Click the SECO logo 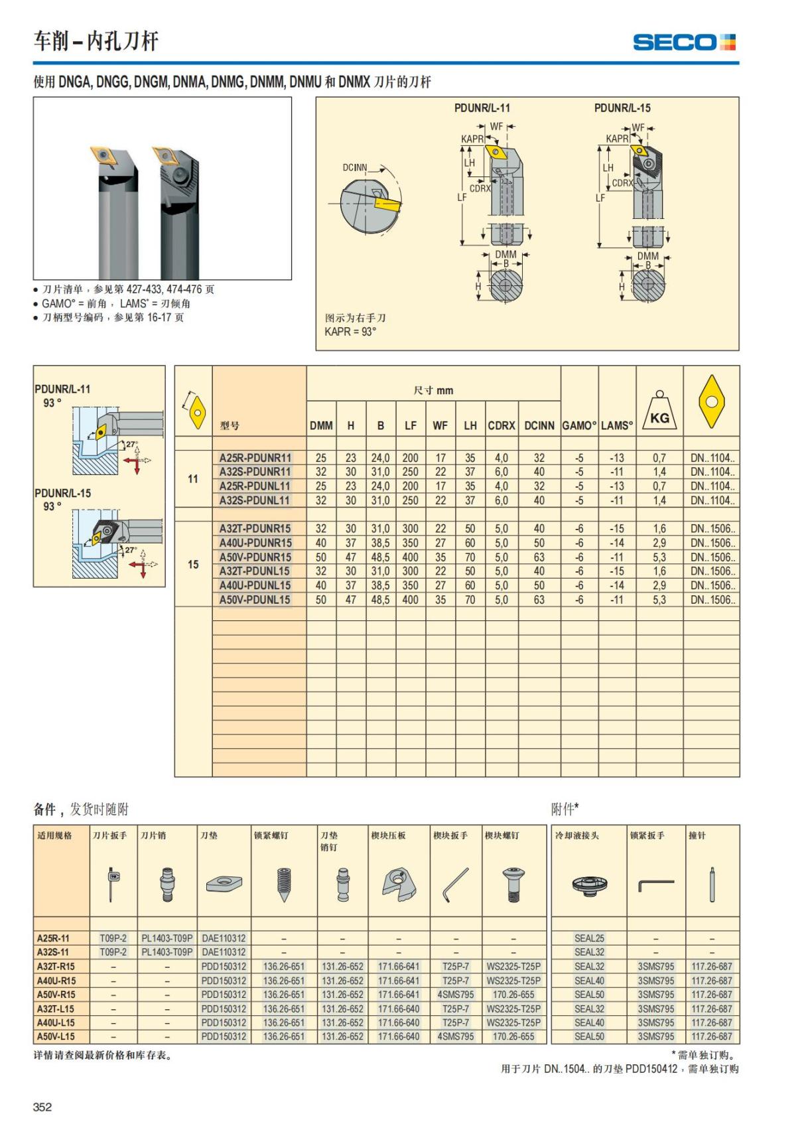click(x=684, y=42)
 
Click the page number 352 click(x=42, y=1107)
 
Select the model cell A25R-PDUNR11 click(x=255, y=458)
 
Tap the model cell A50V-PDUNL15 click(x=255, y=600)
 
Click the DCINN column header click(x=539, y=425)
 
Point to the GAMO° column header click(x=579, y=425)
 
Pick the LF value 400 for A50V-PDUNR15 click(x=411, y=557)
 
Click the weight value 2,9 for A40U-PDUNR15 click(x=659, y=543)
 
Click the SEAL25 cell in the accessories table click(x=589, y=938)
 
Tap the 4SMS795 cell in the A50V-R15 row click(x=456, y=995)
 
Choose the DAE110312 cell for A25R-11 click(x=224, y=938)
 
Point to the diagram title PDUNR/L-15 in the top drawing click(x=622, y=108)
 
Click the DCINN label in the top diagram click(x=355, y=168)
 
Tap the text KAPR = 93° click(x=350, y=332)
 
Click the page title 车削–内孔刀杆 click(x=96, y=41)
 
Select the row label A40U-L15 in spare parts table click(x=56, y=1022)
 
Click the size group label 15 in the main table click(x=193, y=564)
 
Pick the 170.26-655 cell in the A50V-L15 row click(x=513, y=1036)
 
